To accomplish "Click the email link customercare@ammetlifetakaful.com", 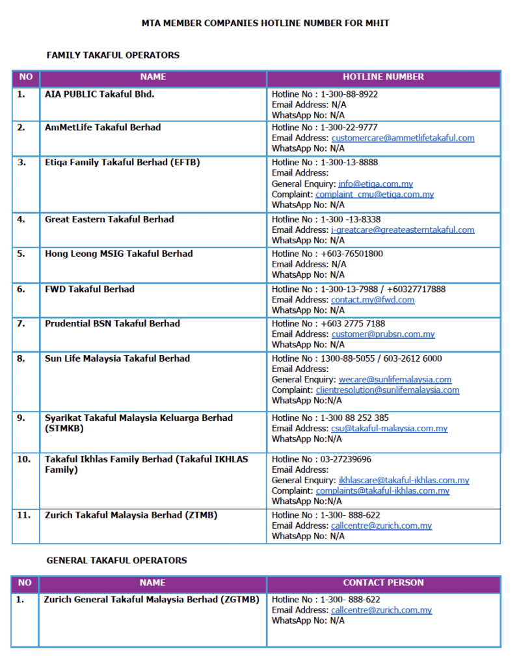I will pyautogui.click(x=403, y=138).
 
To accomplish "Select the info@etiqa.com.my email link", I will pyautogui.click(x=375, y=184).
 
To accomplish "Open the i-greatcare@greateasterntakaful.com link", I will pyautogui.click(x=403, y=230).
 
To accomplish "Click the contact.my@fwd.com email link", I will pyautogui.click(x=373, y=300).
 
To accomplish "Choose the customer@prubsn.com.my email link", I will pyautogui.click(x=383, y=334).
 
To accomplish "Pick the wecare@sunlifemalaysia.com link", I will pyautogui.click(x=395, y=380).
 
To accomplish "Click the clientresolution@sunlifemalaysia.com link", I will pyautogui.click(x=388, y=390).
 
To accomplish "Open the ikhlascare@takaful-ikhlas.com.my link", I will pyautogui.click(x=404, y=480).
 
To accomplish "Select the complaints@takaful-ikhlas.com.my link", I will pyautogui.click(x=382, y=491).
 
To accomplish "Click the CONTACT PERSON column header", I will pyautogui.click(x=383, y=583).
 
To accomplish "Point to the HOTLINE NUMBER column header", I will pyautogui.click(x=383, y=77).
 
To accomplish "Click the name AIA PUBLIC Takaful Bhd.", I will pyautogui.click(x=100, y=94).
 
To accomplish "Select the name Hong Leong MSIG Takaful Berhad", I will pyautogui.click(x=118, y=254).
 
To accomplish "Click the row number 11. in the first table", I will pyautogui.click(x=23, y=515).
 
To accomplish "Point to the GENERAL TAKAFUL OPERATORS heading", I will pyautogui.click(x=116, y=560).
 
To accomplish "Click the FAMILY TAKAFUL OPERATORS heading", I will pyautogui.click(x=113, y=55).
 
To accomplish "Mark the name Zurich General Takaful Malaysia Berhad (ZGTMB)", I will pyautogui.click(x=152, y=600).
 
